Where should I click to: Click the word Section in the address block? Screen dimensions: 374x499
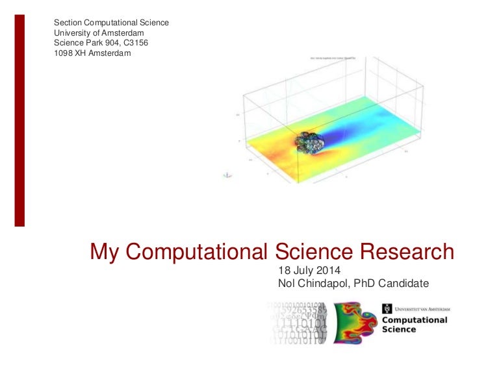pos(68,23)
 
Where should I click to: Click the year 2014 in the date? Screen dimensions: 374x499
pos(328,270)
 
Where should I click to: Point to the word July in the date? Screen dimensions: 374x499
pos(303,270)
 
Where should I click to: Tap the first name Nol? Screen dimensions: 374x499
pos(286,283)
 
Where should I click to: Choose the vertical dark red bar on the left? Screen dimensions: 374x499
pos(19,120)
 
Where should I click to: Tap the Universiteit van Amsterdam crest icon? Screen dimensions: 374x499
pos(387,310)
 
